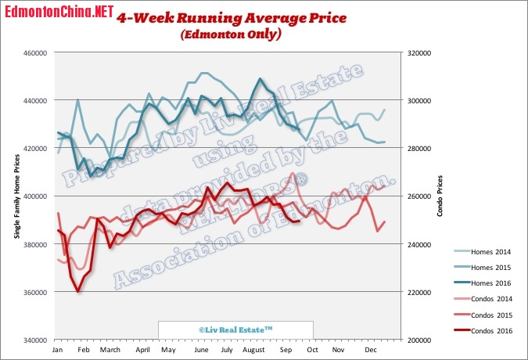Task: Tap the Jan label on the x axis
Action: [57, 350]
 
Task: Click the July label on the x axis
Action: [227, 350]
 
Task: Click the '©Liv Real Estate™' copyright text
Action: [235, 331]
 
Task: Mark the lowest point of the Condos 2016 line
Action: [77, 291]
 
